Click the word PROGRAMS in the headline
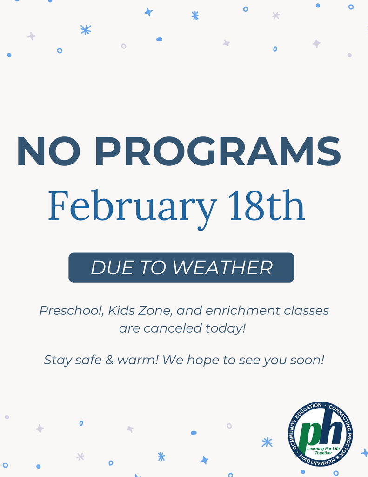tap(218, 152)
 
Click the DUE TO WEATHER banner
tap(181, 268)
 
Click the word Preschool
tap(70, 311)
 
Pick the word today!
tap(225, 328)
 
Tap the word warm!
tap(135, 360)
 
